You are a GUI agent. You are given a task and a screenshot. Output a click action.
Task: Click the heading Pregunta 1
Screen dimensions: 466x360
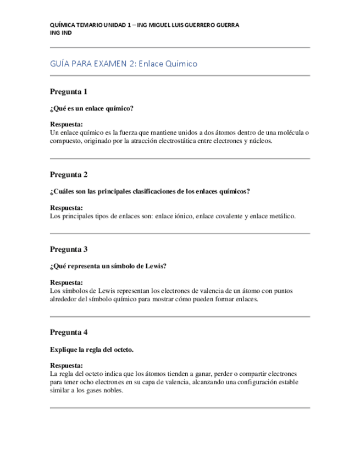[x=69, y=92]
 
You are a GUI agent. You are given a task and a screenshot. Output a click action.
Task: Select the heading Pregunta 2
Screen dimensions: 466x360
[x=69, y=175]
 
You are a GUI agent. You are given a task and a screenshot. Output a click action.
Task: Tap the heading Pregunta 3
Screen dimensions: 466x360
[x=69, y=249]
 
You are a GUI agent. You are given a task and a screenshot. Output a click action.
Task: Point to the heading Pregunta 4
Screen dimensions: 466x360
[x=69, y=332]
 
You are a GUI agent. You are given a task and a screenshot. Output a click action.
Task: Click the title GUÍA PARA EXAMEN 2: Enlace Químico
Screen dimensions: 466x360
[x=124, y=64]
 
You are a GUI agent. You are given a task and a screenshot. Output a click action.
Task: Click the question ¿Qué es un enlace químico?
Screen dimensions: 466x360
[x=92, y=109]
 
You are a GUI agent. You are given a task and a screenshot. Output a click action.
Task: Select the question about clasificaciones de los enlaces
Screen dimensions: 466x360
[x=150, y=192]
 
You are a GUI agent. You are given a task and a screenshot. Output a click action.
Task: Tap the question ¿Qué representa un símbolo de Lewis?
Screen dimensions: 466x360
[x=108, y=267]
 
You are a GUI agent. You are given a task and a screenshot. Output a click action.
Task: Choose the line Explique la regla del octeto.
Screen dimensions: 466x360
[x=92, y=349]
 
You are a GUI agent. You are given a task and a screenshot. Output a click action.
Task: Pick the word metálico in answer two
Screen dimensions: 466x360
[x=281, y=216]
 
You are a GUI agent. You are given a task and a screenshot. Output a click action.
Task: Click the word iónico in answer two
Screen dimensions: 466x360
[x=184, y=216]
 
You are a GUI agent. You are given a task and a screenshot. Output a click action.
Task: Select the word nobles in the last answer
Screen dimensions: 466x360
[x=113, y=391]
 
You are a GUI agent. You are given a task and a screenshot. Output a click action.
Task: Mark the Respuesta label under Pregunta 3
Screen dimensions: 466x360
[x=67, y=282]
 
